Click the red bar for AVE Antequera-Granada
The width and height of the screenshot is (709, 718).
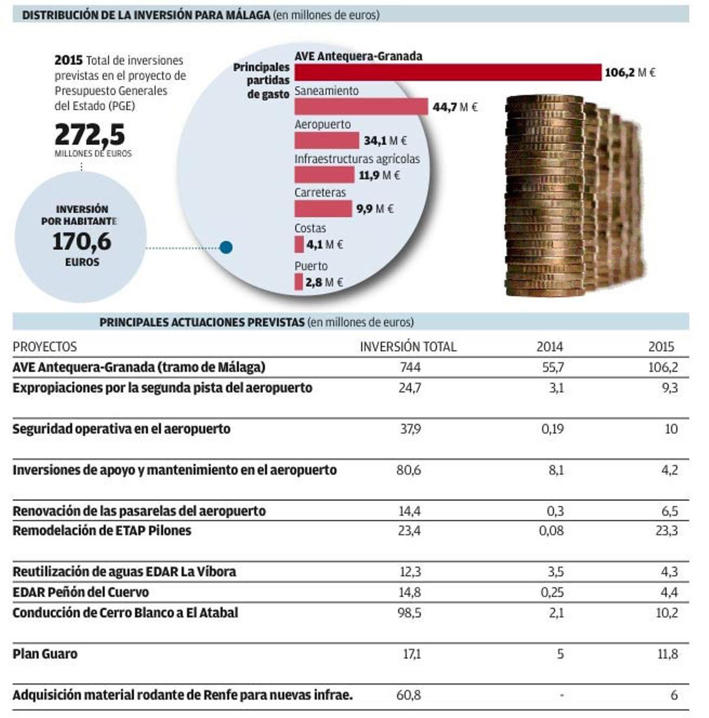tap(447, 72)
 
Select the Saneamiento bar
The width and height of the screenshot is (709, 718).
tap(360, 106)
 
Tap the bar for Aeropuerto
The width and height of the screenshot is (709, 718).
tap(326, 141)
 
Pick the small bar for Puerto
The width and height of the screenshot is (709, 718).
tap(298, 282)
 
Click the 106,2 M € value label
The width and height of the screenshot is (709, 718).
tap(629, 73)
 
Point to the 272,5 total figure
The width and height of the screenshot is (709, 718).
tap(90, 135)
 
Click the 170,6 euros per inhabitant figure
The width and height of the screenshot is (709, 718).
tap(82, 241)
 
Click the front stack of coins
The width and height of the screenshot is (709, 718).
tap(545, 198)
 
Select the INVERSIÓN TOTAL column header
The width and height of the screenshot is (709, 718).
tap(408, 347)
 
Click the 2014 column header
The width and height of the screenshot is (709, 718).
tap(549, 347)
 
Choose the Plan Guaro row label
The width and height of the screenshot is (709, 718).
tap(45, 654)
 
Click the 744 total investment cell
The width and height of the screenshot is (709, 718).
tap(410, 367)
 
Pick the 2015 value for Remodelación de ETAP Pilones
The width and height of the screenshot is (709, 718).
tap(666, 530)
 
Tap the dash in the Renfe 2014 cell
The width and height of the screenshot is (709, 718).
tap(561, 696)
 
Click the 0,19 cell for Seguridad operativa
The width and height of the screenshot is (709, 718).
tap(552, 429)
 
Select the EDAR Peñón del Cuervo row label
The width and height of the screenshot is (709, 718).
tap(80, 592)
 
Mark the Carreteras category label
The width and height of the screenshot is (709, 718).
tap(320, 192)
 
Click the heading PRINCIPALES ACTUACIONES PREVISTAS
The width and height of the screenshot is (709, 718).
tap(201, 322)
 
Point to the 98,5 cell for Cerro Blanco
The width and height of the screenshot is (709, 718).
tap(409, 613)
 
